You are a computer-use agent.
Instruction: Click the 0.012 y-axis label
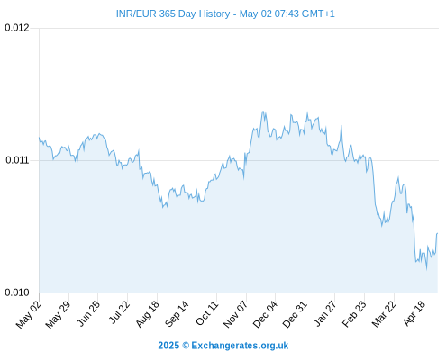click(x=17, y=28)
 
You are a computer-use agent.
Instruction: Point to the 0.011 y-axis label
click(x=17, y=160)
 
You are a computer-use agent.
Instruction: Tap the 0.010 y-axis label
click(x=17, y=292)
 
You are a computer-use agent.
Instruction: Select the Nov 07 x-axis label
click(x=236, y=314)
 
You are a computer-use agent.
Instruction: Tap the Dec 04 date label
click(x=265, y=314)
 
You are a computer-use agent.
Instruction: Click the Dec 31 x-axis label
click(x=295, y=314)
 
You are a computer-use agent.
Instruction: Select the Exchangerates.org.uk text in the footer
click(x=240, y=346)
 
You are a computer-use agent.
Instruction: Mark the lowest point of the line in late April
click(x=426, y=269)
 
